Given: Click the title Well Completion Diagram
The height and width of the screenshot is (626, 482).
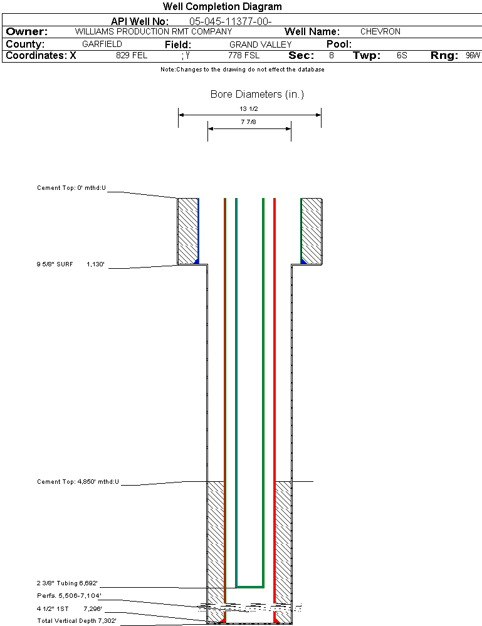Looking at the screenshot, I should pyautogui.click(x=223, y=7).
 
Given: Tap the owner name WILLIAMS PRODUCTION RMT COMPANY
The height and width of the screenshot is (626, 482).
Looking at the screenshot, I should pyautogui.click(x=153, y=31).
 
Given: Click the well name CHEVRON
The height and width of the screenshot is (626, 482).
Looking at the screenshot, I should pyautogui.click(x=380, y=31).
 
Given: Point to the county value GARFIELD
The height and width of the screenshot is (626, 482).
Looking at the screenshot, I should pyautogui.click(x=102, y=44).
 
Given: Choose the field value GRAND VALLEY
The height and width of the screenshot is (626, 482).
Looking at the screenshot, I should pyautogui.click(x=261, y=44).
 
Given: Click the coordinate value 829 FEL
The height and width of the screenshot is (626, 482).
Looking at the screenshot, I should pyautogui.click(x=132, y=56).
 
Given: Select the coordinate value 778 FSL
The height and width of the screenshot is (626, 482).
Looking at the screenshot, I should pyautogui.click(x=244, y=56).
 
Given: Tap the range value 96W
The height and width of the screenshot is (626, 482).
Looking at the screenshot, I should pyautogui.click(x=473, y=56).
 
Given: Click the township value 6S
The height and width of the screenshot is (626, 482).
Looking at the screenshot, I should pyautogui.click(x=402, y=56).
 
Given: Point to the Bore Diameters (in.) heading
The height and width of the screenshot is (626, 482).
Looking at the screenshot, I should pyautogui.click(x=257, y=95).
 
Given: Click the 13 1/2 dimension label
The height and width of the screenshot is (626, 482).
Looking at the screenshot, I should pyautogui.click(x=249, y=108).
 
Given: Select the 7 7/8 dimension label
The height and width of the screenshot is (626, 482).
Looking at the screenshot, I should pyautogui.click(x=249, y=122).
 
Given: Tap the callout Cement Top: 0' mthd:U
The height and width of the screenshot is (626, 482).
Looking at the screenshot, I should pyautogui.click(x=71, y=187).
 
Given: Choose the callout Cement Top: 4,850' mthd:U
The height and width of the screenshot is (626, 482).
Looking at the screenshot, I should pyautogui.click(x=78, y=482).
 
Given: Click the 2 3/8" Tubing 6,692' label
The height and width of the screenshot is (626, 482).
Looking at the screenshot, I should pyautogui.click(x=67, y=583).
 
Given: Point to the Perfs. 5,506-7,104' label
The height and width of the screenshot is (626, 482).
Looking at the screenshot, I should pyautogui.click(x=69, y=595).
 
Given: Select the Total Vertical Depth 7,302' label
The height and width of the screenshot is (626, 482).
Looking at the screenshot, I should pyautogui.click(x=76, y=620).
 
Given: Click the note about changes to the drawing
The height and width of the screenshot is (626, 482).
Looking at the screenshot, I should pyautogui.click(x=242, y=70).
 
